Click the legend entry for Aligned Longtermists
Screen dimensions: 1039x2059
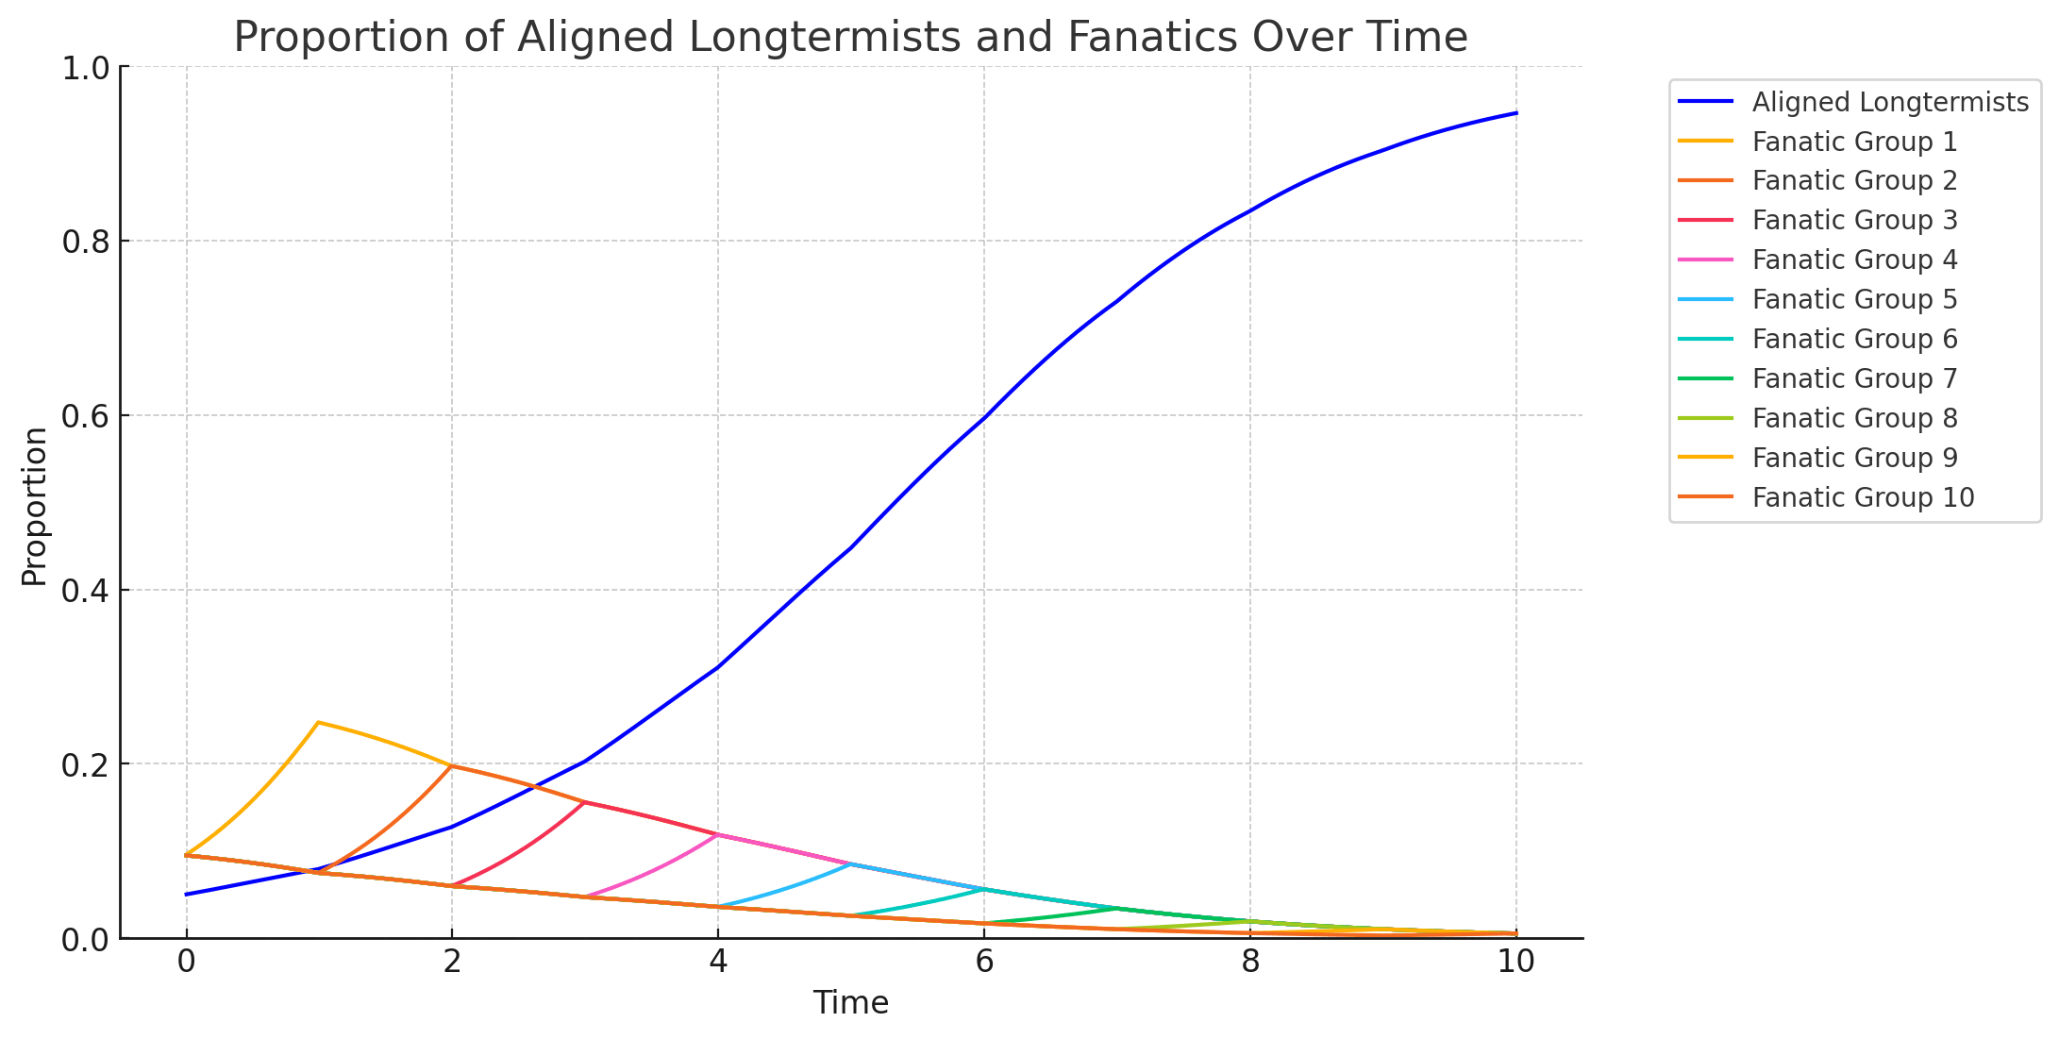(x=1889, y=102)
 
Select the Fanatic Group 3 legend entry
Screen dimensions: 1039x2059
(x=1854, y=220)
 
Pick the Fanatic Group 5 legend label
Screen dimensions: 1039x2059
(x=1854, y=299)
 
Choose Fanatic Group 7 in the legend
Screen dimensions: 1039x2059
(x=1854, y=378)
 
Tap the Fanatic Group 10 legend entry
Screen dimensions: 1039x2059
(x=1863, y=497)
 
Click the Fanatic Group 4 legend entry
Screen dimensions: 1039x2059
(x=1854, y=260)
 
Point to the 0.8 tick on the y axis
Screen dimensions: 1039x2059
(x=86, y=242)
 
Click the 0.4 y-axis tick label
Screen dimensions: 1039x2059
(x=86, y=591)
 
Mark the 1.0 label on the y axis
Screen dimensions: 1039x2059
(x=86, y=68)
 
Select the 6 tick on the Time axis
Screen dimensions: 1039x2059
(x=984, y=962)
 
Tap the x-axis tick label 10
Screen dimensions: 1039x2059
(x=1516, y=962)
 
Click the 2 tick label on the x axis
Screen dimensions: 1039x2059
(x=452, y=962)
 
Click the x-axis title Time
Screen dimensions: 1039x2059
(x=851, y=1003)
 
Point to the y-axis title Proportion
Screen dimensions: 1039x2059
(x=34, y=506)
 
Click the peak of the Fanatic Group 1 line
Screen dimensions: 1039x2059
(x=318, y=723)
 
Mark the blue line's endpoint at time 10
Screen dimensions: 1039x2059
(x=1516, y=113)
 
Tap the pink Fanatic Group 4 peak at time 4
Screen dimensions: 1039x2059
(x=718, y=834)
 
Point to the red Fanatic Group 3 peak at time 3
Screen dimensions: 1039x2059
(x=585, y=802)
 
